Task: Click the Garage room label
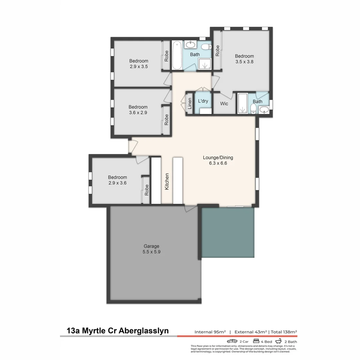tap(151, 246)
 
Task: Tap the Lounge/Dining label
tap(218, 157)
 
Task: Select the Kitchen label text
tap(167, 181)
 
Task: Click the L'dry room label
tap(203, 101)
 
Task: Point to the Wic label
tap(224, 104)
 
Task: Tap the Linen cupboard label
tap(190, 104)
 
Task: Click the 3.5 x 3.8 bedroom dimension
tap(244, 62)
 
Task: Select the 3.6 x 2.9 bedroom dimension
tap(138, 113)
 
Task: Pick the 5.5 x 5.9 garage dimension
tap(151, 252)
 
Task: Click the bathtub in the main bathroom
tap(177, 55)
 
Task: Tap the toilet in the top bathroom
tap(206, 47)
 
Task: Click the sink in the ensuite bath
tap(264, 110)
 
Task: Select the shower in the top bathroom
tap(204, 64)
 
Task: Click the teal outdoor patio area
tap(228, 233)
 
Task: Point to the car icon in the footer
tap(232, 341)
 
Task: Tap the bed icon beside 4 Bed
tap(256, 341)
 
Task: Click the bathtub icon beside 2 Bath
tap(278, 341)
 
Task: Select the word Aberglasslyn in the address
tap(143, 331)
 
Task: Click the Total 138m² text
tap(284, 332)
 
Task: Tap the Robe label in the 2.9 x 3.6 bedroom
tap(147, 190)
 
